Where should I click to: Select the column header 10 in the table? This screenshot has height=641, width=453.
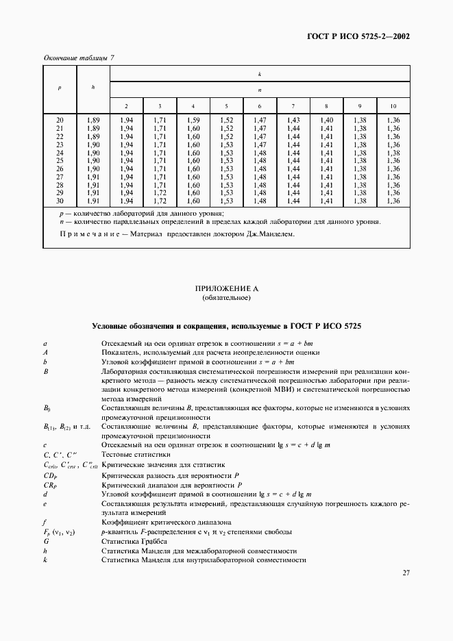[x=393, y=106]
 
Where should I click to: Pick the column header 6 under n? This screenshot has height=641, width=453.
[x=260, y=106]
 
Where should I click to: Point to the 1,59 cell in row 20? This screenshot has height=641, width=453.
[x=193, y=120]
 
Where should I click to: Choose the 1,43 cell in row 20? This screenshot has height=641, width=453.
[x=293, y=120]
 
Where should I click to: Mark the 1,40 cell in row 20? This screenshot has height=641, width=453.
[x=326, y=120]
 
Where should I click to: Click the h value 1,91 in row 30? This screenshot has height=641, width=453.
[x=93, y=201]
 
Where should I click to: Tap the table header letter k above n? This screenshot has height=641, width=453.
[x=260, y=73]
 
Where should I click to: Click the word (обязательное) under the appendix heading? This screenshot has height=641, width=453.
[x=227, y=299]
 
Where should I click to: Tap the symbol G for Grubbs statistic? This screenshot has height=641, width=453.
[x=45, y=541]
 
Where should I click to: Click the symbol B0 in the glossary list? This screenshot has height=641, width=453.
[x=47, y=407]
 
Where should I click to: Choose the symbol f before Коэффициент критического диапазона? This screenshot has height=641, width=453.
[x=45, y=522]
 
